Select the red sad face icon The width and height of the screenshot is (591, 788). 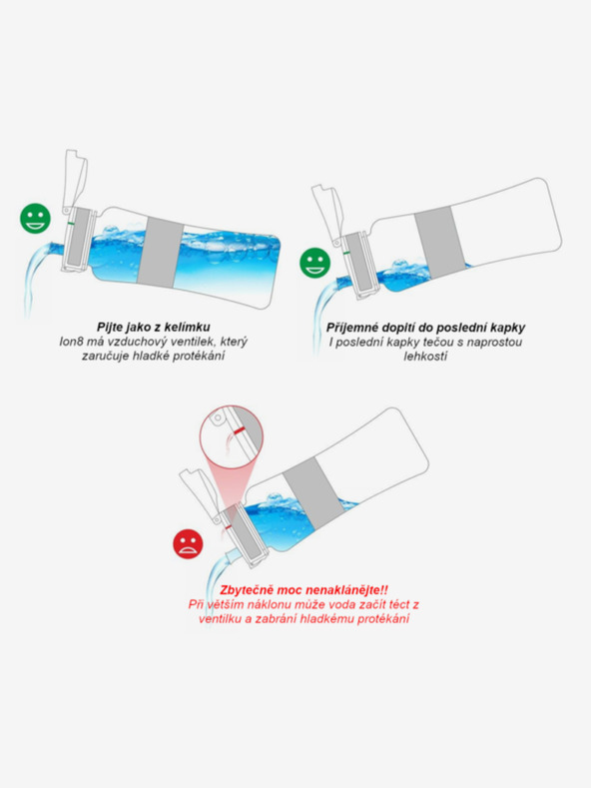[x=186, y=543]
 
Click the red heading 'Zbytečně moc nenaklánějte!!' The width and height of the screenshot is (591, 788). [x=302, y=589]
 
